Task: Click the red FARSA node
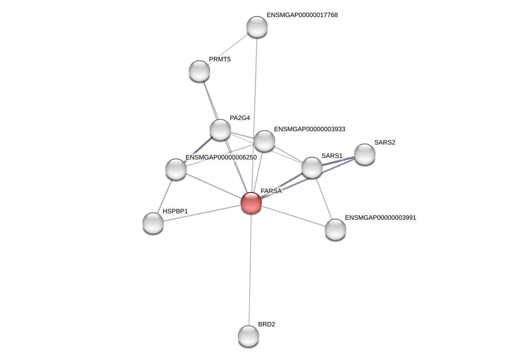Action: (x=251, y=203)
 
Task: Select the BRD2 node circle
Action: (x=249, y=336)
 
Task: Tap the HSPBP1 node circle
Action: (x=153, y=223)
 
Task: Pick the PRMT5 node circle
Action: (x=199, y=71)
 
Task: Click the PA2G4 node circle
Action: (x=220, y=130)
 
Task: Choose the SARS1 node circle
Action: (x=312, y=167)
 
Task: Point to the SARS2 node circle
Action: (x=365, y=154)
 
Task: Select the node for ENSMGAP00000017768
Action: (x=257, y=27)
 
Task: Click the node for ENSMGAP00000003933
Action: (x=265, y=141)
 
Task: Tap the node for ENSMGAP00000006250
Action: (x=176, y=169)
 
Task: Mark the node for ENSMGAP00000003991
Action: (x=335, y=229)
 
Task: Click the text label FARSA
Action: (x=271, y=191)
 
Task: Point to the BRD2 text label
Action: (x=267, y=324)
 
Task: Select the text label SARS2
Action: (x=385, y=142)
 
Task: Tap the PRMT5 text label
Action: (x=220, y=59)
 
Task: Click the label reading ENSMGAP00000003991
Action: (x=380, y=218)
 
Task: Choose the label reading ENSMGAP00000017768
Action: (x=302, y=15)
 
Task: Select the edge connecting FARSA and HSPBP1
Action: (x=202, y=213)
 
